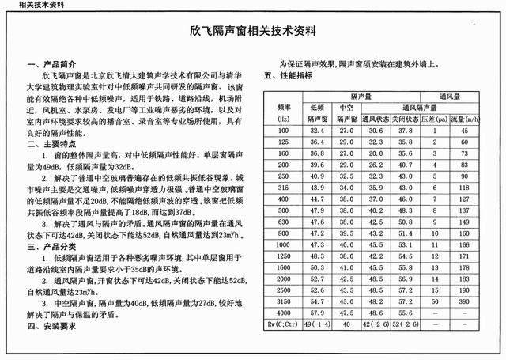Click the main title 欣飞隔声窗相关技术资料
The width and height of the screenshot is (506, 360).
pyautogui.click(x=253, y=33)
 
